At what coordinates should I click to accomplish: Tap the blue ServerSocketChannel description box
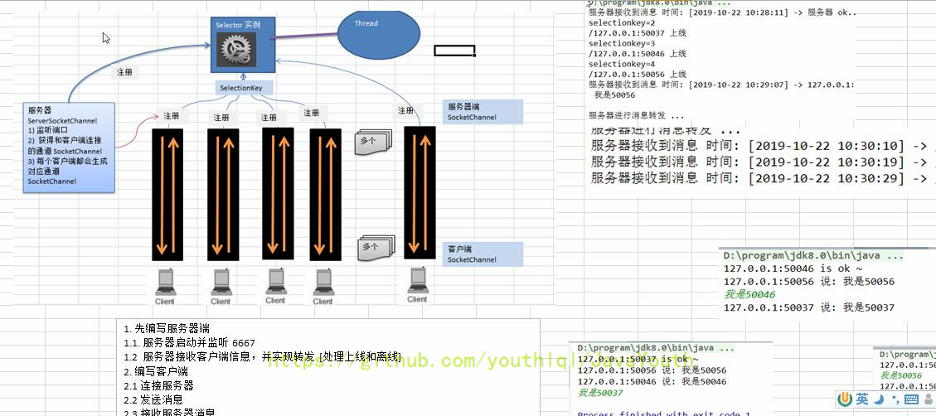click(x=70, y=148)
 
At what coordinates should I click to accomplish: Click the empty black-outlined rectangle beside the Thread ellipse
click(x=454, y=51)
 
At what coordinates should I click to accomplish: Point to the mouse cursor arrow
click(x=106, y=37)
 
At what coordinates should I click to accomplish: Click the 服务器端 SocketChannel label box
click(x=483, y=112)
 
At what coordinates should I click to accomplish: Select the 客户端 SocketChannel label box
click(x=483, y=254)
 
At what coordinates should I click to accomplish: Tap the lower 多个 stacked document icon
click(x=376, y=246)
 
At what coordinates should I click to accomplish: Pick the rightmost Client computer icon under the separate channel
click(x=418, y=283)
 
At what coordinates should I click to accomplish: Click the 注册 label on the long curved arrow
click(x=124, y=72)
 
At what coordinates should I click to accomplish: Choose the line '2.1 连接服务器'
click(x=159, y=385)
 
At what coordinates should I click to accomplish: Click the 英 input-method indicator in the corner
click(x=863, y=399)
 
